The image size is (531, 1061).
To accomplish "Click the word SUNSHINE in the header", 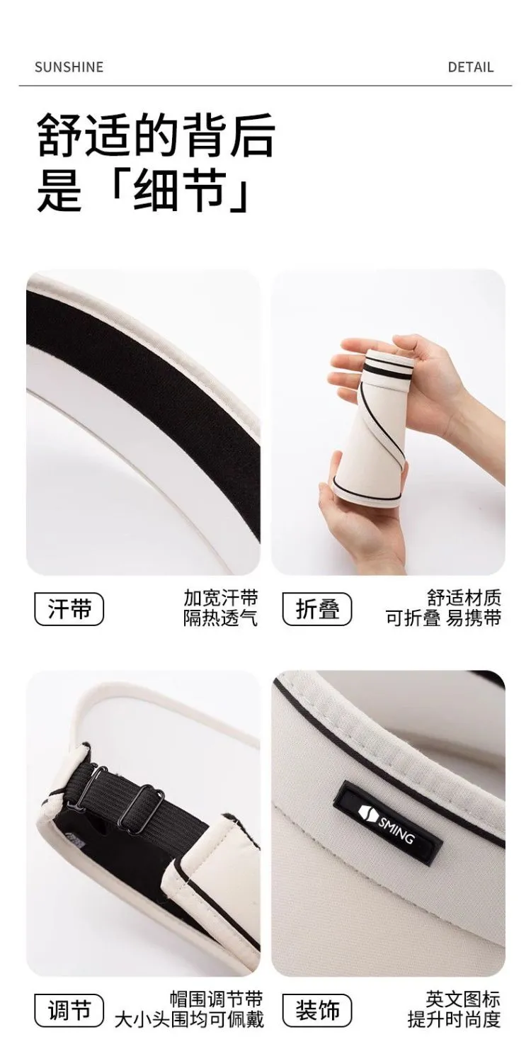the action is coord(69,67).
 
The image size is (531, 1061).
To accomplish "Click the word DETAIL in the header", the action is coord(470,67).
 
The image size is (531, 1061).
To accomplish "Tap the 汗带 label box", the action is coord(69,608).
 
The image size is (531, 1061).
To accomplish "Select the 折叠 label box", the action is coord(317,608).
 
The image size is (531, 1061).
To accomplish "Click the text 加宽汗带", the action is coord(221,598).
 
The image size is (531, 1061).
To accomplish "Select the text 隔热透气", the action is coord(221,618).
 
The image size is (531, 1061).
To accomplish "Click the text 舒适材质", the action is coord(464,598).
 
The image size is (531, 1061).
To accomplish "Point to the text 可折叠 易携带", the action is coord(443,618).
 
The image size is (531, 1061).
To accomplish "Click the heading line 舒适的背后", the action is coord(156,135).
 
